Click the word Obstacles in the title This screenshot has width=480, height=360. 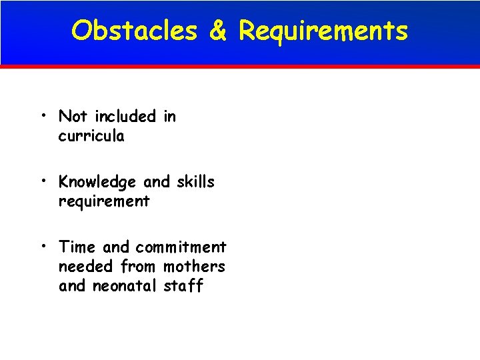point(135,31)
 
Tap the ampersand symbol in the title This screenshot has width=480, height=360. point(218,31)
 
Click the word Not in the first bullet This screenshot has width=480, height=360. point(74,116)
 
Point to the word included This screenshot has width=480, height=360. point(125,116)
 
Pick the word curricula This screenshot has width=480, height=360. point(91,136)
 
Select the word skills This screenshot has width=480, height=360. point(196,181)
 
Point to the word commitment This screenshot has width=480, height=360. point(181,247)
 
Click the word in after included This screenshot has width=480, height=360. point(169,116)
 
